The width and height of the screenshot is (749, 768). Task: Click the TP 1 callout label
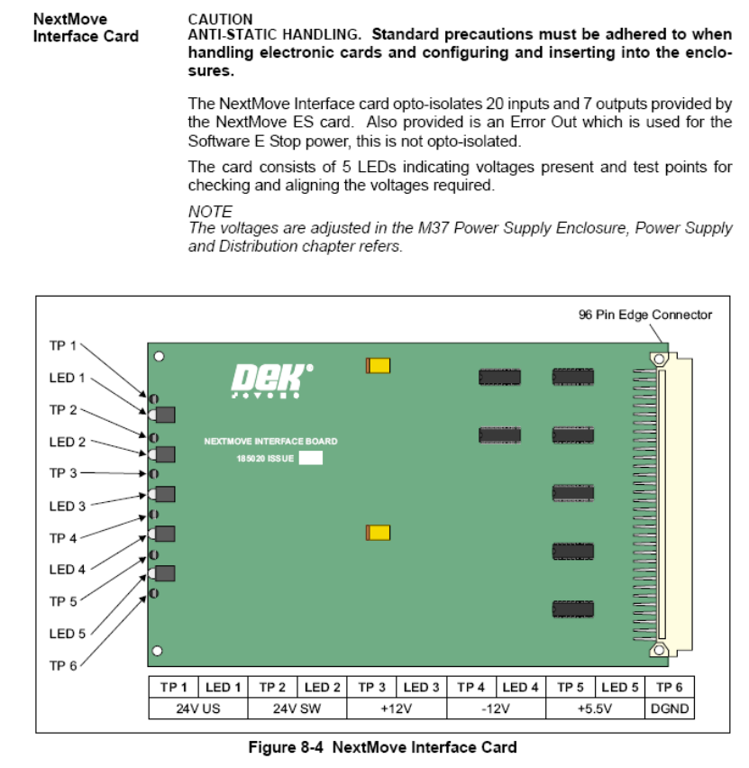tap(62, 346)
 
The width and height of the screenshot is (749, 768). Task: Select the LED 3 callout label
tap(68, 506)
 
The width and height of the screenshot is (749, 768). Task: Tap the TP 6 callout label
tap(62, 665)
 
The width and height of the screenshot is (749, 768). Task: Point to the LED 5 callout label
tap(68, 634)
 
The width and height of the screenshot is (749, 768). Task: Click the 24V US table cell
tap(198, 708)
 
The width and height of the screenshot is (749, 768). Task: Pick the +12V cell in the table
tap(397, 708)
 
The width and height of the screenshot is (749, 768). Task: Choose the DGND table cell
tap(670, 708)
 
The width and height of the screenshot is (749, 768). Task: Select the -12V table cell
tap(497, 708)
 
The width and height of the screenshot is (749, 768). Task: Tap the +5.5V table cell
tap(595, 708)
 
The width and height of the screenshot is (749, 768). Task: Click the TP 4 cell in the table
tap(471, 687)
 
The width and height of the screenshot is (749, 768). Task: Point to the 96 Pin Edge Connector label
tap(645, 315)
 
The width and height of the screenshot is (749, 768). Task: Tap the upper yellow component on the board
tap(378, 365)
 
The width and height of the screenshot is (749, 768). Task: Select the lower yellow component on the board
tap(378, 533)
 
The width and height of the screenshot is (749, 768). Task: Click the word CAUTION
tap(221, 18)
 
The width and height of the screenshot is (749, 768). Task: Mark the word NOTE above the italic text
tap(210, 211)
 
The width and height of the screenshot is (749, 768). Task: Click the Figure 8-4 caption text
tap(383, 747)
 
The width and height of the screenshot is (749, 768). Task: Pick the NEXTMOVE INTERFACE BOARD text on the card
tap(270, 442)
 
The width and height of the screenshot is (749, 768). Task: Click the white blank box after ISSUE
tap(310, 458)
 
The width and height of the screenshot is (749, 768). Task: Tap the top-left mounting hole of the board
tap(159, 356)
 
